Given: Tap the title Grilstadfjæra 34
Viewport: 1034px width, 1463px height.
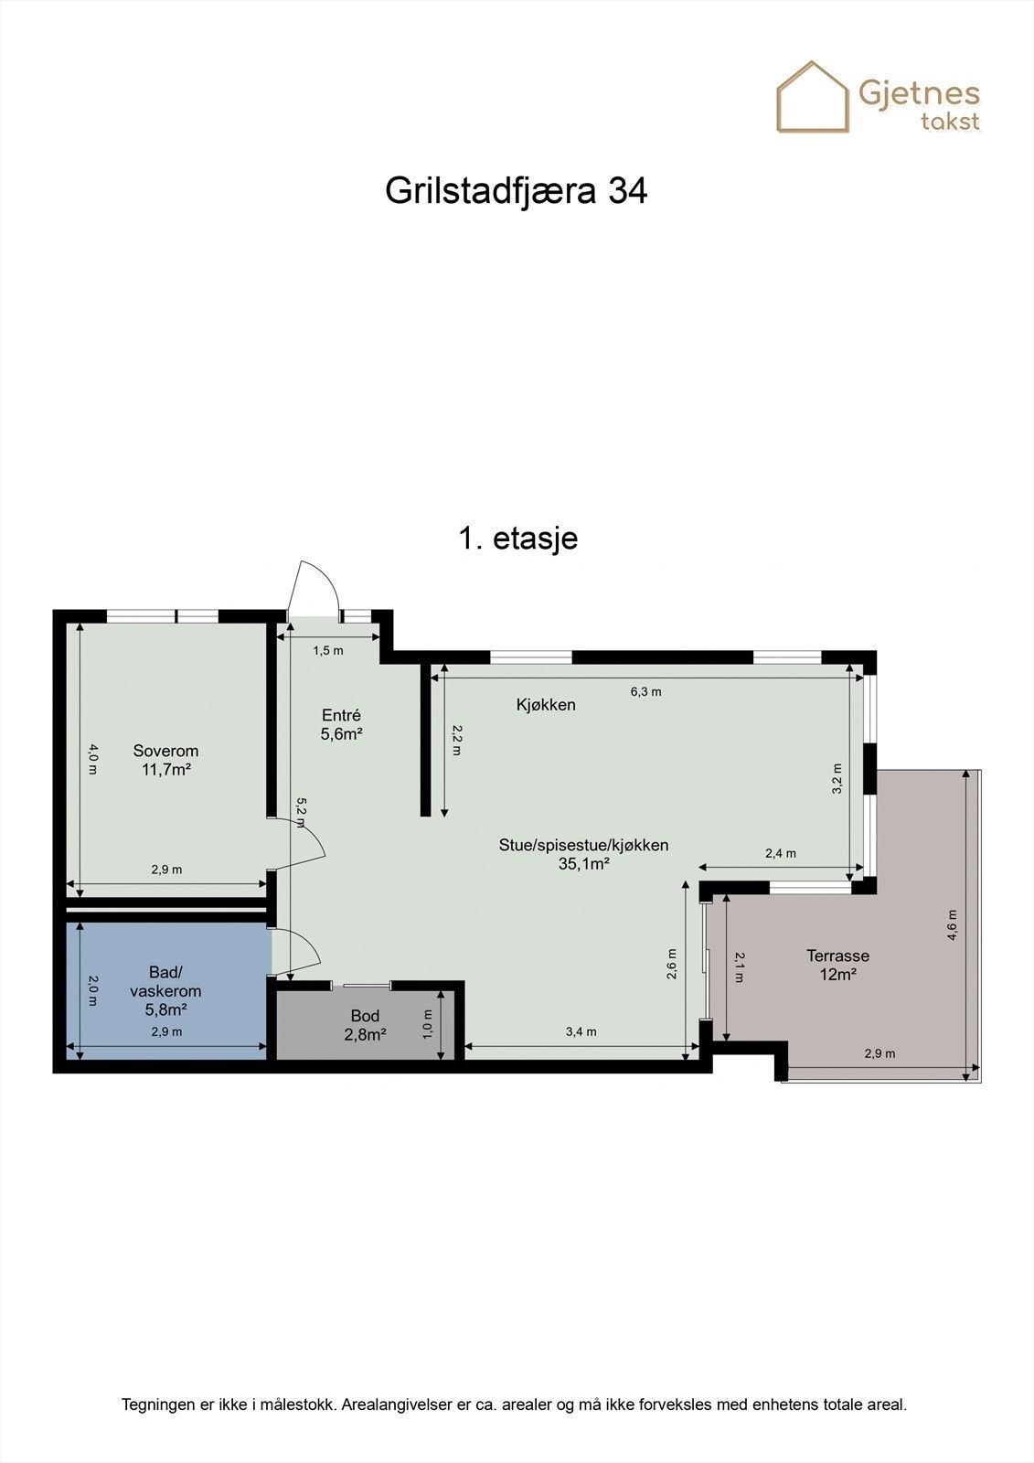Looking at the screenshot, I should click(516, 191).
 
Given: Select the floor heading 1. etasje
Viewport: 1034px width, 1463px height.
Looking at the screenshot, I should click(517, 538).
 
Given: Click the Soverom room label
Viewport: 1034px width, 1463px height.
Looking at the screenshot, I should click(165, 751).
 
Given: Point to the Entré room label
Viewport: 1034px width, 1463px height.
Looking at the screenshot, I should click(341, 715).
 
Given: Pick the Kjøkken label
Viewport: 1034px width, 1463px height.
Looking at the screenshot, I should click(546, 704).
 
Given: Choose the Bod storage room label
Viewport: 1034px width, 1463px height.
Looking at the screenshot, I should click(365, 1016).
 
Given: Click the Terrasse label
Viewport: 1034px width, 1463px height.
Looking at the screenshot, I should click(837, 956).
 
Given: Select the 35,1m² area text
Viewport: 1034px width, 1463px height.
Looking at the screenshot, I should click(583, 863).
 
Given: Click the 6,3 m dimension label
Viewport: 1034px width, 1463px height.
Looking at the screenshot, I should click(645, 691).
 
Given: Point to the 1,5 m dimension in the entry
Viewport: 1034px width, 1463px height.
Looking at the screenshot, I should click(328, 650).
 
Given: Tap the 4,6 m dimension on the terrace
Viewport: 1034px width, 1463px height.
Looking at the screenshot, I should click(952, 924).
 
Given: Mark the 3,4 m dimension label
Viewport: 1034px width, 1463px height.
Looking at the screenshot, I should click(581, 1031).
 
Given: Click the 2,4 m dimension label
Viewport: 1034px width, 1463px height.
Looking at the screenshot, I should click(780, 853).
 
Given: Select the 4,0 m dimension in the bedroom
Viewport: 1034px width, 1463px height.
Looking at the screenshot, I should click(91, 759).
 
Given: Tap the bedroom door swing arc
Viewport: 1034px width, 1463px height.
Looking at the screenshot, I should click(311, 837).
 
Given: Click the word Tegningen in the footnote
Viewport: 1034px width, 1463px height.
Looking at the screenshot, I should click(157, 1404).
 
